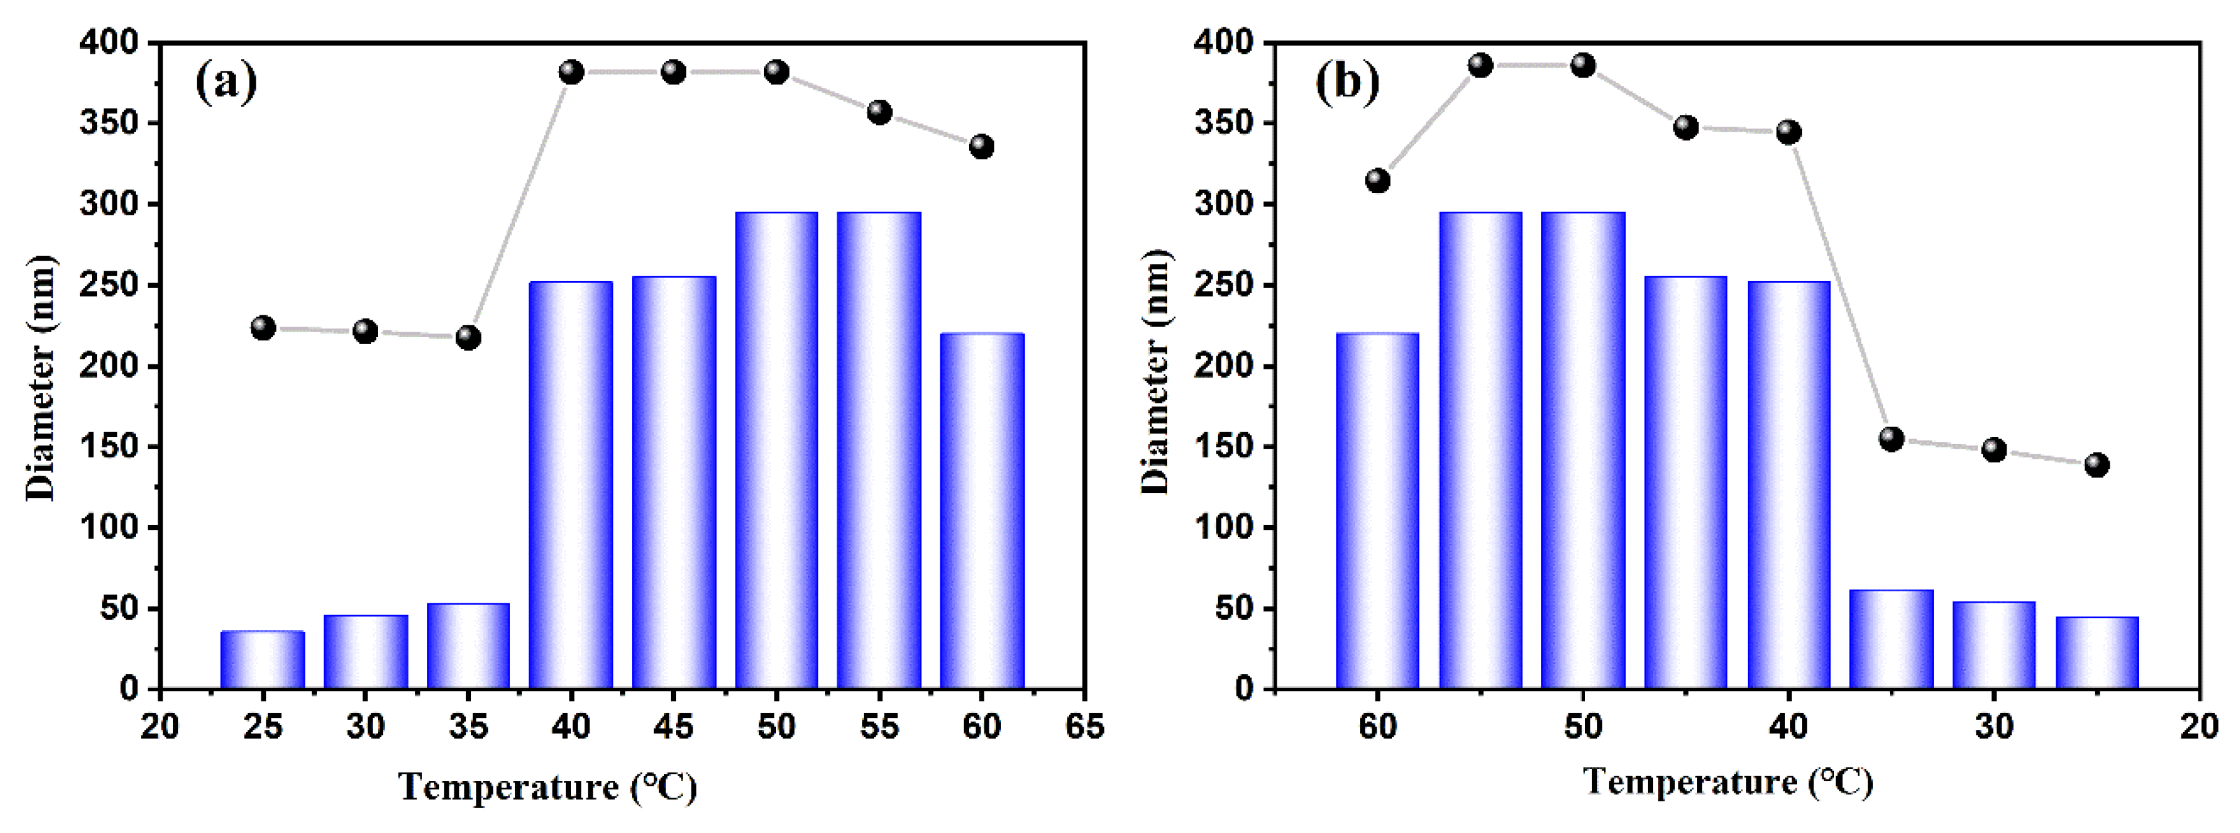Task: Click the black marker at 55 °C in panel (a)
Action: coord(879,112)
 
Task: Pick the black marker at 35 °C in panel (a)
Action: coord(468,338)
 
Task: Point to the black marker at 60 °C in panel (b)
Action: coord(1377,181)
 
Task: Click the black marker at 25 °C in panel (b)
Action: coord(2097,464)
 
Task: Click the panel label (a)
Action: coord(226,83)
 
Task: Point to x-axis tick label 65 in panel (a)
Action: coord(1084,726)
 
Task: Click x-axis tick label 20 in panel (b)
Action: coord(2199,726)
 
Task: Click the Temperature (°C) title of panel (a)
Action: coord(548,788)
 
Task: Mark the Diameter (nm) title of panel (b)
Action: coord(1156,372)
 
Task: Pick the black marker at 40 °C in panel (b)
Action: coord(1789,132)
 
